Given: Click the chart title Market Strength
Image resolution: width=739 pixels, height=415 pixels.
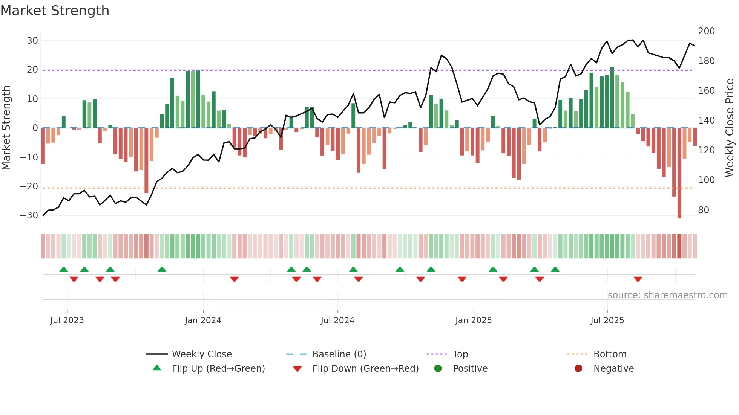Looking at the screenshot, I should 55,11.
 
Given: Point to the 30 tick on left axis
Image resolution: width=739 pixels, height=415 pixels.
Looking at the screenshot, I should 32,40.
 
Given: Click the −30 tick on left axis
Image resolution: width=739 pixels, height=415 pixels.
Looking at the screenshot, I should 29,215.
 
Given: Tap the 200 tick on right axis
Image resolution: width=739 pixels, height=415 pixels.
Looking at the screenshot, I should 706,31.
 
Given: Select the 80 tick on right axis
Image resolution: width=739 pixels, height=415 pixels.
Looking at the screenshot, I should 704,210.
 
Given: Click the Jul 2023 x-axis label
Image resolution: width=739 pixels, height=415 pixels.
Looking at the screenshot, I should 67,320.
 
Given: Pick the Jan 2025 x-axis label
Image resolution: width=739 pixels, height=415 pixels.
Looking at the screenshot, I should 473,320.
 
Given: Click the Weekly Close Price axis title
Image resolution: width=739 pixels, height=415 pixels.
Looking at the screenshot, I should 730,128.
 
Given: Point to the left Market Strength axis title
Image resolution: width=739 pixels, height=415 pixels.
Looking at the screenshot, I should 6,128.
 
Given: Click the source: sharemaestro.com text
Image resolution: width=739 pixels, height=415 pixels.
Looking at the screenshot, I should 667,295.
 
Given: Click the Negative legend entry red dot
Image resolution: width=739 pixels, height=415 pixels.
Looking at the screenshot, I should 578,368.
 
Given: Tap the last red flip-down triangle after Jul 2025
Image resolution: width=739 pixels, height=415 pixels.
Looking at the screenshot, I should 638,279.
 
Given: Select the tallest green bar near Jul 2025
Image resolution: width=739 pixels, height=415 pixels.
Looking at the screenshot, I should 612,98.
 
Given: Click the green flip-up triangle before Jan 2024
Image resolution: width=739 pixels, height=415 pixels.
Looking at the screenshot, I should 162,269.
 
